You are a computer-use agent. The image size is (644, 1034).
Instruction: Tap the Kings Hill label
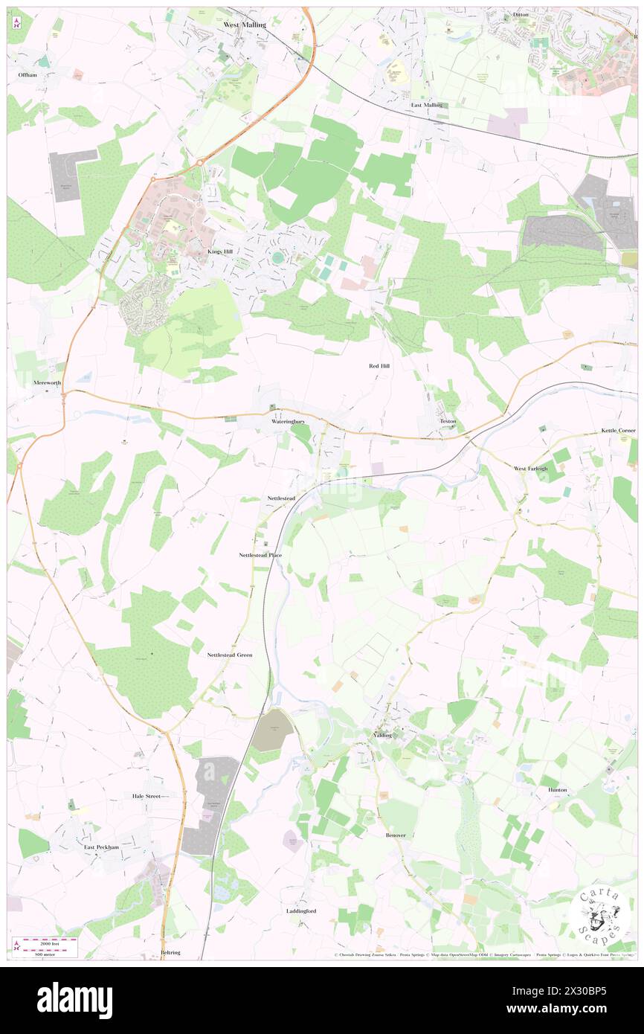pyautogui.click(x=219, y=252)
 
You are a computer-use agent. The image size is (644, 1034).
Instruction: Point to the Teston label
pyautogui.click(x=448, y=421)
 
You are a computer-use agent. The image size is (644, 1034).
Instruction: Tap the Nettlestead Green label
pyautogui.click(x=230, y=655)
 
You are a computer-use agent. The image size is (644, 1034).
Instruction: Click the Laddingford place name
pyautogui.click(x=301, y=911)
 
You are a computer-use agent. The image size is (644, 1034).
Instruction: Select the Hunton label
pyautogui.click(x=558, y=789)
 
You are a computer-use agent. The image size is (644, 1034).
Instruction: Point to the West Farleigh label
pyautogui.click(x=531, y=469)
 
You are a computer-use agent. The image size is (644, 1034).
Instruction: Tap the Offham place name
pyautogui.click(x=28, y=75)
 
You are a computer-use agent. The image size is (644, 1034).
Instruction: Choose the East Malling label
pyautogui.click(x=427, y=105)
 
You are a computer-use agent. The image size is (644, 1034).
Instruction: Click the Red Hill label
pyautogui.click(x=379, y=366)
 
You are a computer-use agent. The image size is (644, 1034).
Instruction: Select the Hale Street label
pyautogui.click(x=146, y=795)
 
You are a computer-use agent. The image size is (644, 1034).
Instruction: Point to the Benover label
pyautogui.click(x=396, y=835)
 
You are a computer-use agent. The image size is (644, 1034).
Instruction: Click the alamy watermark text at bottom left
pyautogui.click(x=74, y=1000)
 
